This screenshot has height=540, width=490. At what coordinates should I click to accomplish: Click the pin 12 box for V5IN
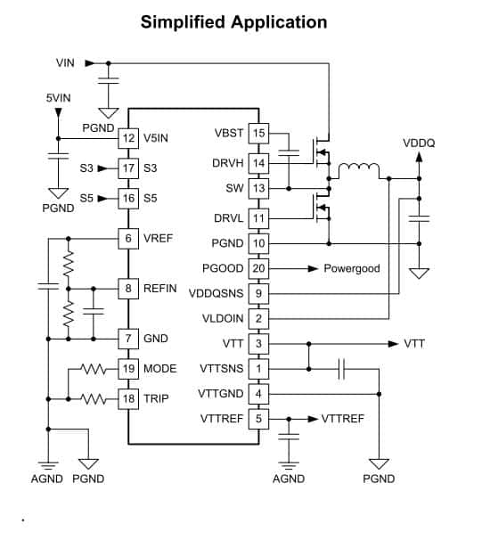(x=128, y=138)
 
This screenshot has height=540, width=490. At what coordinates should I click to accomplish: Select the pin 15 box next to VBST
(x=258, y=134)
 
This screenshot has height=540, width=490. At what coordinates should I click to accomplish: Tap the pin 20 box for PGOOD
(x=258, y=268)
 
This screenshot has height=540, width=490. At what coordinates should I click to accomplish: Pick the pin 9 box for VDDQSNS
(x=258, y=293)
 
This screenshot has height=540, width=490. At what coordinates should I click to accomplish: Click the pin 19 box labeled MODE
(x=128, y=369)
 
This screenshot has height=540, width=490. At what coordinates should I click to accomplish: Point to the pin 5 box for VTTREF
(x=258, y=419)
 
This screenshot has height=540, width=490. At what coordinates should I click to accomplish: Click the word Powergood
(x=352, y=268)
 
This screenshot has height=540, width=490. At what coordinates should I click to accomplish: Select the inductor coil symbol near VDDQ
(x=359, y=168)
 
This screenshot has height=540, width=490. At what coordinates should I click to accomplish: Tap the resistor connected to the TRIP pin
(x=94, y=399)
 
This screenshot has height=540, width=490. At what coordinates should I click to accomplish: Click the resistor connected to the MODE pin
(x=94, y=369)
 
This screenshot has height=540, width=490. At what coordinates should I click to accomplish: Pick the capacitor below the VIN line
(x=109, y=80)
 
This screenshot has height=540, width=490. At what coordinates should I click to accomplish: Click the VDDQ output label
(x=419, y=143)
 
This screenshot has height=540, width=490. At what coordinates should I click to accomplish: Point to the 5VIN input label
(x=59, y=98)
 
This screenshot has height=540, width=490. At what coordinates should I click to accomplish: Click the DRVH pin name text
(x=228, y=163)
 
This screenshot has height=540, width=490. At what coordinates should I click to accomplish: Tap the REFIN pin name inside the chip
(x=159, y=288)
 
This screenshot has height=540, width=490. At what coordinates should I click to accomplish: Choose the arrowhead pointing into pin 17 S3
(x=102, y=168)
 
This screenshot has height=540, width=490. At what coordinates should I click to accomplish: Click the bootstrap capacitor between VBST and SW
(x=289, y=153)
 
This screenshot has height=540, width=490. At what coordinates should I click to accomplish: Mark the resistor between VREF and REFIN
(x=69, y=264)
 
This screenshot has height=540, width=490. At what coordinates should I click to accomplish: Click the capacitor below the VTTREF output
(x=289, y=437)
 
